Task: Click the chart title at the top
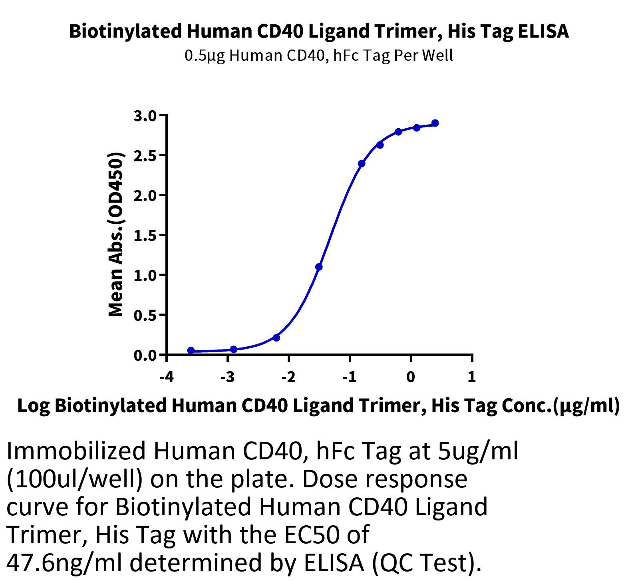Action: (x=319, y=31)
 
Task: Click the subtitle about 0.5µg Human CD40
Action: (x=319, y=56)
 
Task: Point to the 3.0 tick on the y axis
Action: (x=146, y=116)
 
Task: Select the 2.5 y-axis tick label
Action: (x=146, y=155)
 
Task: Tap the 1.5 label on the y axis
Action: (x=146, y=235)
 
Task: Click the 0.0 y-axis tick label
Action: (x=146, y=355)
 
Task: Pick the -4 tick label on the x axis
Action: (x=167, y=377)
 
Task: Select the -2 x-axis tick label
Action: (x=288, y=377)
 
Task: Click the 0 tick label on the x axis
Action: (x=411, y=377)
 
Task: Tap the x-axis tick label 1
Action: (x=472, y=377)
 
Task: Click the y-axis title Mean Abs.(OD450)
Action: (x=116, y=235)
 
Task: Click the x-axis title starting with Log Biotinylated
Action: (x=319, y=406)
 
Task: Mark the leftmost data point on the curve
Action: (x=191, y=350)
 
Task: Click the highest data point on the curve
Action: (x=435, y=123)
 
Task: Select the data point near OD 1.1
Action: (x=319, y=267)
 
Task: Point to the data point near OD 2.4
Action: (x=362, y=163)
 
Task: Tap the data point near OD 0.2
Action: (x=276, y=338)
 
